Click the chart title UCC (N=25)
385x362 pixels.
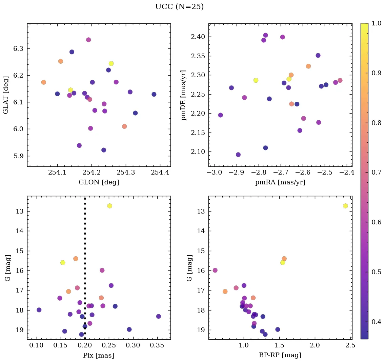(x=179, y=7)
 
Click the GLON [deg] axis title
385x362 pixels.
(x=99, y=182)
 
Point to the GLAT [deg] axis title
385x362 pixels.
(x=6, y=95)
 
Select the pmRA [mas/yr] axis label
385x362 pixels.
(x=280, y=182)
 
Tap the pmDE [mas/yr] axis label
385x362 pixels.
(x=184, y=95)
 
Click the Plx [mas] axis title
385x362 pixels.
(x=99, y=355)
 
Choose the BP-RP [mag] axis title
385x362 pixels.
(x=280, y=355)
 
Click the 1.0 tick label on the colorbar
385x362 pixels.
(x=377, y=23)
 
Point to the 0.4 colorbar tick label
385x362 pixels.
(x=377, y=322)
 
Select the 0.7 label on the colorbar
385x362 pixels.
(x=377, y=173)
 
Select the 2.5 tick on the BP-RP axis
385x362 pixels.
(x=351, y=346)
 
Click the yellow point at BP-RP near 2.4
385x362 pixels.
(x=345, y=206)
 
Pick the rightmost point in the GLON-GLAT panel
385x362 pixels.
(x=154, y=94)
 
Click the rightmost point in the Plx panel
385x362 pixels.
(x=158, y=316)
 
